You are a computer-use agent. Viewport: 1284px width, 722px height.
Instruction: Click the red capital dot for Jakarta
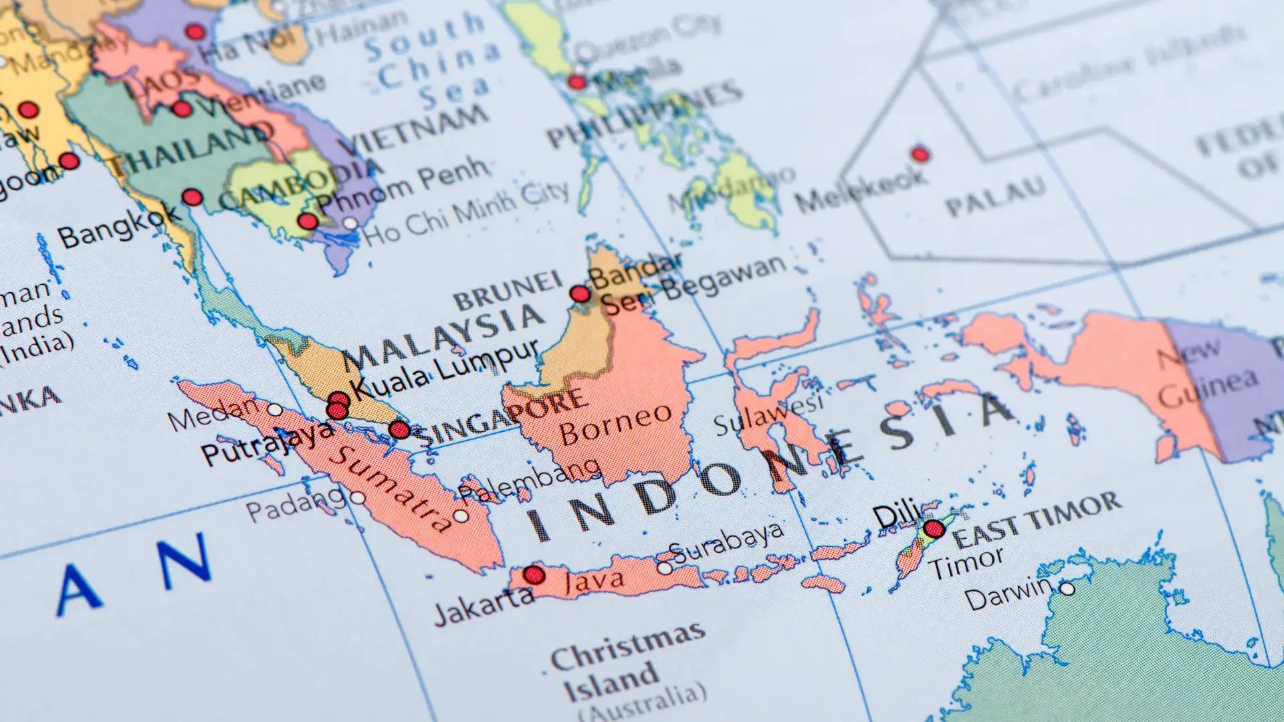point(534,574)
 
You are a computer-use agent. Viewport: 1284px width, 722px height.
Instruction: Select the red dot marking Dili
point(934,529)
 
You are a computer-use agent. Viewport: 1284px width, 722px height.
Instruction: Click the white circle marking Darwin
point(1067,589)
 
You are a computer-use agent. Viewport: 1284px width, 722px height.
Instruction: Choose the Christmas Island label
point(625,669)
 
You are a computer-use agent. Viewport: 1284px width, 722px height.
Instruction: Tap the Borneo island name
point(615,424)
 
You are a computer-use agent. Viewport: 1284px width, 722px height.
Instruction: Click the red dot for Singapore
point(399,430)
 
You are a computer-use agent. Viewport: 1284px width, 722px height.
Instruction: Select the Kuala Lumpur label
point(445,370)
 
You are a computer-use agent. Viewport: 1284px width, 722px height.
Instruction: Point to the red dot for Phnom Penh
point(308,221)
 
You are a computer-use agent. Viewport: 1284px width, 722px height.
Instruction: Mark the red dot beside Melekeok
point(920,154)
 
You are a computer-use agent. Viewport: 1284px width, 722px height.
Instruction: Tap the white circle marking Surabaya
point(664,568)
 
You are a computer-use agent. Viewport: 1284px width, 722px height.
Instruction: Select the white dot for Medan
point(275,409)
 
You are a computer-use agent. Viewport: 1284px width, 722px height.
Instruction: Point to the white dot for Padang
point(358,497)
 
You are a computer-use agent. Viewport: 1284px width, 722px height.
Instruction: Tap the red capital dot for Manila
point(576,82)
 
